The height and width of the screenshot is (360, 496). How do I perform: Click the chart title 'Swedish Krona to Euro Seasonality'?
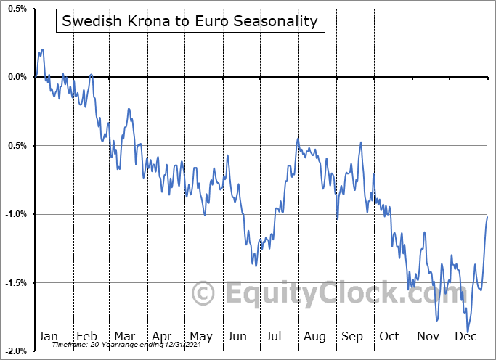click(190, 21)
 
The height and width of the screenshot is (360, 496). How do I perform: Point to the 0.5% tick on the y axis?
click(17, 9)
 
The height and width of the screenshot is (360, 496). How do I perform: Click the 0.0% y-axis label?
click(17, 77)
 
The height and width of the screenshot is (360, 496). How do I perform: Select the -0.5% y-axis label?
click(16, 145)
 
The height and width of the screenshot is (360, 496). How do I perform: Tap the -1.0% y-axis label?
click(16, 214)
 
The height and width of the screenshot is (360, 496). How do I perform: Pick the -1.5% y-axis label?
click(16, 282)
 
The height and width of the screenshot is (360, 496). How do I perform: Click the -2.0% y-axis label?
click(16, 351)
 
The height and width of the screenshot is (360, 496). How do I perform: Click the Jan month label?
click(48, 336)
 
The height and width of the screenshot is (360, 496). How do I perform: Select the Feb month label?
click(86, 336)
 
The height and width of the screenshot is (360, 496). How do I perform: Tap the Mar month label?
click(124, 336)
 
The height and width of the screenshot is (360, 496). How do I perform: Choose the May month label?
click(200, 336)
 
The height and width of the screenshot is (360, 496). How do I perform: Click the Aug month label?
click(314, 336)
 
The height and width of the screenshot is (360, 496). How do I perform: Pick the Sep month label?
click(352, 336)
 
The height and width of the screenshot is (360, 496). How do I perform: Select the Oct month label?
click(390, 336)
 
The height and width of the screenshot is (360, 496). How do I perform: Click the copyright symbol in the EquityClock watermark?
click(204, 293)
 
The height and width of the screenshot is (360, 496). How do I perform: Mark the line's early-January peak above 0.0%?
click(42, 50)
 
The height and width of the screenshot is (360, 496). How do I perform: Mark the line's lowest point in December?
click(468, 332)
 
